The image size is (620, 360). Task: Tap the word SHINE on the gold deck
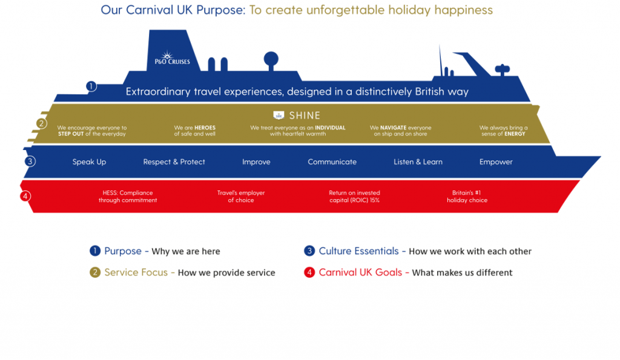point(305,115)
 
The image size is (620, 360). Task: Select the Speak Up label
point(89,162)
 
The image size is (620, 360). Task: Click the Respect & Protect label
point(174,162)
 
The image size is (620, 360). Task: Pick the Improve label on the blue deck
point(256,162)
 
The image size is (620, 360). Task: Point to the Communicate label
point(332,162)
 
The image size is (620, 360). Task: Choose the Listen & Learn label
point(418,162)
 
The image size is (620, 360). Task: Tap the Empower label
point(496,162)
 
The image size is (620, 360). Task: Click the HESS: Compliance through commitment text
point(128,196)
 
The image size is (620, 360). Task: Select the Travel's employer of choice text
point(241,196)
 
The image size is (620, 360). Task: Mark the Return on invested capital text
point(354,196)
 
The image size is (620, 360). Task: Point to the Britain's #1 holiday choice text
point(467,196)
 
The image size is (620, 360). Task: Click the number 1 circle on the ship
point(91,86)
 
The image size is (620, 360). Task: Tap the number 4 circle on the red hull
point(25,196)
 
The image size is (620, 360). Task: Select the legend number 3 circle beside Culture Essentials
point(309,251)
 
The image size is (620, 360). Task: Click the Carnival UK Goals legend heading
point(360,272)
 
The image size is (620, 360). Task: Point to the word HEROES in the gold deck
point(205,128)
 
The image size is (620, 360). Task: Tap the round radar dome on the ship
point(271,59)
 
